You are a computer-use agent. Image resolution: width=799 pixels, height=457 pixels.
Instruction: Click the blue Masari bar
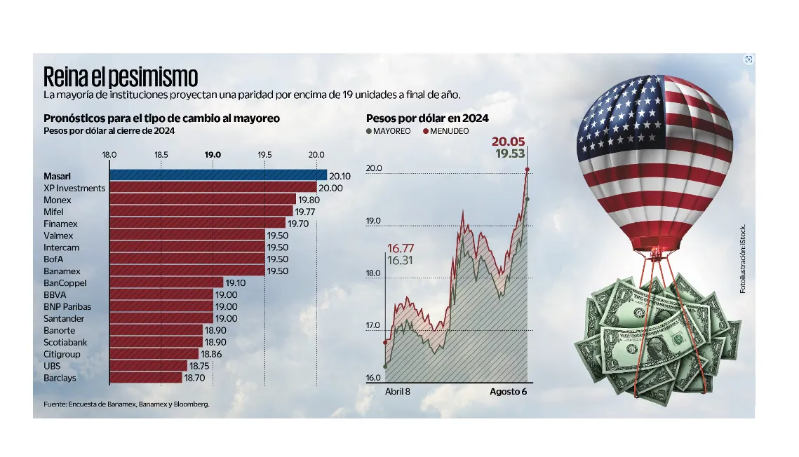click(217, 175)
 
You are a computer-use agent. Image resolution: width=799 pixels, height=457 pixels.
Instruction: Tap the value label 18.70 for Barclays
click(194, 378)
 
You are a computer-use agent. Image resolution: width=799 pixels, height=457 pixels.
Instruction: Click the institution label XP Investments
click(74, 188)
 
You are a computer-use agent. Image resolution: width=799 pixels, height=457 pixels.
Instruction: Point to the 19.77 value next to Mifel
click(305, 211)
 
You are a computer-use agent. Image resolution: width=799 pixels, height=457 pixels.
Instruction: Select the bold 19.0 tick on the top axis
click(213, 154)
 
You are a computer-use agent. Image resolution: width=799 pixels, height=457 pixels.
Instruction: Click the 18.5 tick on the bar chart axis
click(161, 154)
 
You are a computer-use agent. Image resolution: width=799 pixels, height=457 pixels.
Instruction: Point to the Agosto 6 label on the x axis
click(508, 392)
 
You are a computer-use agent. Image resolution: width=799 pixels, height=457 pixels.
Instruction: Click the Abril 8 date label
click(398, 392)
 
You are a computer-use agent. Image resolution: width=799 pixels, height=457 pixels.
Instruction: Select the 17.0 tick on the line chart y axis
click(374, 326)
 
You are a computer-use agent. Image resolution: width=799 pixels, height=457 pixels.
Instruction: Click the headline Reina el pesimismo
click(121, 76)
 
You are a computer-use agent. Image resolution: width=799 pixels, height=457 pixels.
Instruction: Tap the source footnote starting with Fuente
click(126, 404)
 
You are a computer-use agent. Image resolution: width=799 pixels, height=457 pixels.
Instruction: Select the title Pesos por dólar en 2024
click(427, 118)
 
